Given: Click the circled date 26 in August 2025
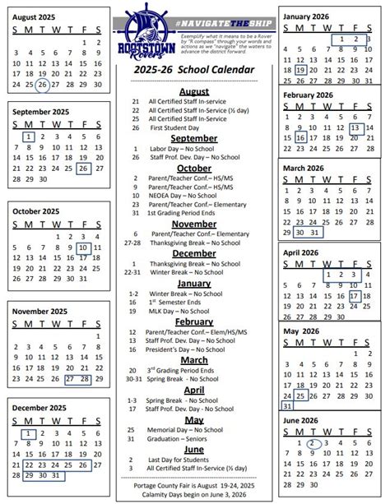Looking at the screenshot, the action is click(42, 84).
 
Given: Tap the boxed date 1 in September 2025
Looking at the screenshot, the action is click(29, 137).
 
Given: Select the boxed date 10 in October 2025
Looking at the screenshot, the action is click(83, 247).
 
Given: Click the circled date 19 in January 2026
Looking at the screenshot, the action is click(300, 72).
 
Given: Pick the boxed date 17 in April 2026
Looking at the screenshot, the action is click(355, 296).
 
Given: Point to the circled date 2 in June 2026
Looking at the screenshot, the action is click(313, 444).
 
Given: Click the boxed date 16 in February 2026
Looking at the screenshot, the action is click(300, 138).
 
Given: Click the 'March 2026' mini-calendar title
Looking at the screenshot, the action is click(304, 168).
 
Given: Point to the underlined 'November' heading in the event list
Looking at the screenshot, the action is click(194, 223).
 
